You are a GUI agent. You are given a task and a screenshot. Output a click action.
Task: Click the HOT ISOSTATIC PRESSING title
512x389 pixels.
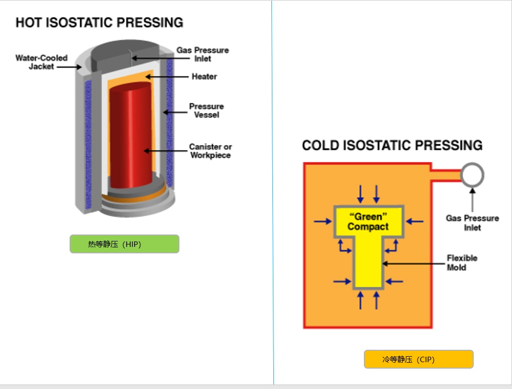[x=99, y=23]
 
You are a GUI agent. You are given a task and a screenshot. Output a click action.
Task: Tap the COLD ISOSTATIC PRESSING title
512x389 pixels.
[x=392, y=146]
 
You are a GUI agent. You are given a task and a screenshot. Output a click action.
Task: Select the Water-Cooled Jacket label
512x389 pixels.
[x=41, y=62]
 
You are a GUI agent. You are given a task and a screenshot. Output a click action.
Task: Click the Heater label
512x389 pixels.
[x=204, y=77]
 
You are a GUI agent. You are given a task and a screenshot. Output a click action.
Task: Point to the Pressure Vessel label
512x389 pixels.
[x=206, y=110]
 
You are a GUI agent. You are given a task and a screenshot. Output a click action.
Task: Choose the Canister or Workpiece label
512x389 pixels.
[x=210, y=151]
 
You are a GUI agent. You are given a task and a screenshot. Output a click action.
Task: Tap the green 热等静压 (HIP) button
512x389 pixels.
[x=124, y=244]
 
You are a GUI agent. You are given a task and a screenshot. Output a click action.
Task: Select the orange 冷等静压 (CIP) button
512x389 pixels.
[x=419, y=359]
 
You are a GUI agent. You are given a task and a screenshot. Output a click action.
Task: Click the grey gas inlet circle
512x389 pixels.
[x=472, y=174]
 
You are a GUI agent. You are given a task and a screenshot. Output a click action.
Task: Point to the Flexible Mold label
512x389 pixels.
[x=462, y=263]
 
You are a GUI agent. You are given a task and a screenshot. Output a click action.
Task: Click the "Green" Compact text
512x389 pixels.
[x=368, y=222]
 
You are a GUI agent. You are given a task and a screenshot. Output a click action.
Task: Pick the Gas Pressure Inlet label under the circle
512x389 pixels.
[x=472, y=223]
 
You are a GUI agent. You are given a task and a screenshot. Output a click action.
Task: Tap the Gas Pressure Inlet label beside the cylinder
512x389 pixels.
[x=203, y=54]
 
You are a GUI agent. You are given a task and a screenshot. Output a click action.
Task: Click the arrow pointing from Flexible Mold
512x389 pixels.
[x=413, y=264]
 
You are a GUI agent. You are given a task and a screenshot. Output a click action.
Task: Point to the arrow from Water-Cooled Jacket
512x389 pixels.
[x=69, y=66]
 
